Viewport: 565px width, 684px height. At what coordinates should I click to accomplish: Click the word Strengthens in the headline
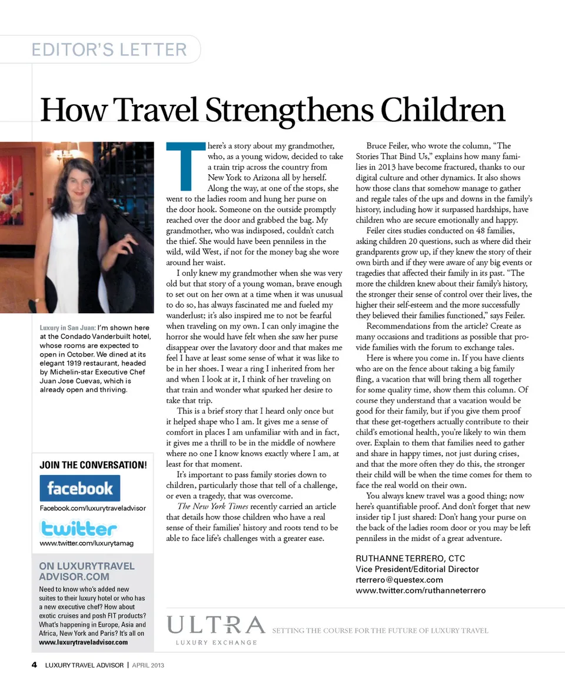291,110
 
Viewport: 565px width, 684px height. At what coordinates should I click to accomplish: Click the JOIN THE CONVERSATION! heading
93,465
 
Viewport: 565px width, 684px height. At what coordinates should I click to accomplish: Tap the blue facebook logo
79,488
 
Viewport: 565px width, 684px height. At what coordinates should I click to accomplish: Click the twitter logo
78,527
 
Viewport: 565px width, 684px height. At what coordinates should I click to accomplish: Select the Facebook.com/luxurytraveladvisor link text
92,508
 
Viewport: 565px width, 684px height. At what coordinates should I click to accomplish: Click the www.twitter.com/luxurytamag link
86,543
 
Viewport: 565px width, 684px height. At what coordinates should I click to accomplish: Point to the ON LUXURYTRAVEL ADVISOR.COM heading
87,571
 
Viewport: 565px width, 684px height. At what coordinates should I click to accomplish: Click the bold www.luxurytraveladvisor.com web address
83,642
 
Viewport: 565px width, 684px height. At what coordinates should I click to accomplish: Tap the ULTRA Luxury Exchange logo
216,629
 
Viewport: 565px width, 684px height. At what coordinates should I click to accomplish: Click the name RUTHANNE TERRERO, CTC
410,559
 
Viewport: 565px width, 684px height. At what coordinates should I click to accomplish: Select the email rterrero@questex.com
399,580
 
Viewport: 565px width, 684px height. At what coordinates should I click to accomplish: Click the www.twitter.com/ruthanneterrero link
420,590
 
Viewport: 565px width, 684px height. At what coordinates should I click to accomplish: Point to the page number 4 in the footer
34,666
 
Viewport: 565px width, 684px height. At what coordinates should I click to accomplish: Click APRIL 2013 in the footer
148,666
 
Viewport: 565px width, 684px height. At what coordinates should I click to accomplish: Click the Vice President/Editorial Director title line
417,569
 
